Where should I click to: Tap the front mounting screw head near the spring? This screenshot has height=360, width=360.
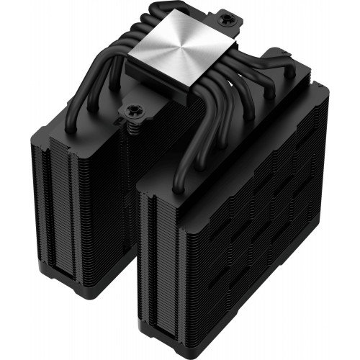point(134,109)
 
